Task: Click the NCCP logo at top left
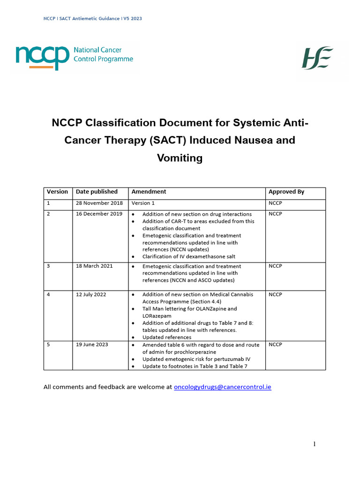(74, 57)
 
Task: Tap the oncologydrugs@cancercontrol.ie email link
(222, 387)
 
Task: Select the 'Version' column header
(57, 192)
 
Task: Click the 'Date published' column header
(97, 192)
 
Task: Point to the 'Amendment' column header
(149, 192)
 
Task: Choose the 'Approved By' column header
(286, 192)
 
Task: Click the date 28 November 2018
(99, 203)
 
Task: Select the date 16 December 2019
(99, 214)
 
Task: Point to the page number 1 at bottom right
(315, 444)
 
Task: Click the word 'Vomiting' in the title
(180, 158)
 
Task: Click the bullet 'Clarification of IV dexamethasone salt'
(188, 257)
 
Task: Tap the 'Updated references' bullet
(167, 337)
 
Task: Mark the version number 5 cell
(48, 345)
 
